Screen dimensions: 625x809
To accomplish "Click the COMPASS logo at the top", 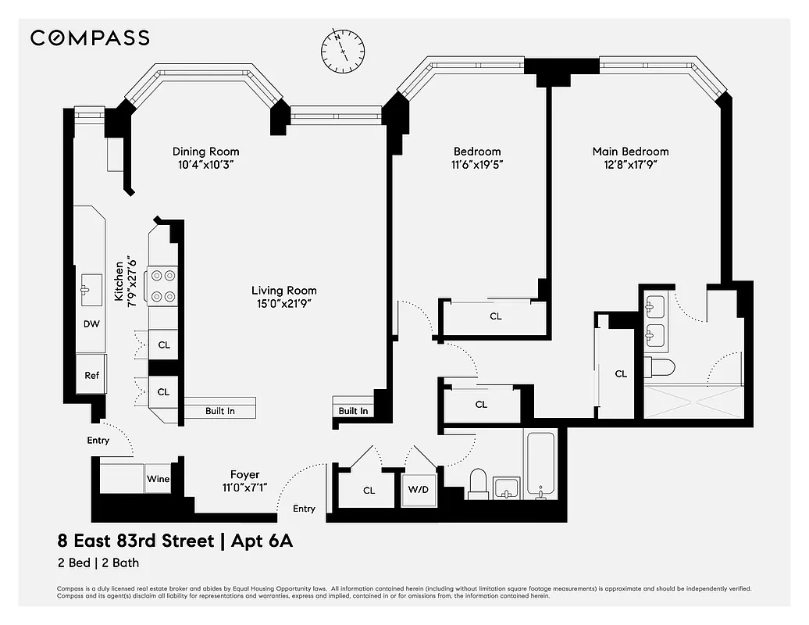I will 90,37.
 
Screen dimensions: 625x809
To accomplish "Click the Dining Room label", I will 205,152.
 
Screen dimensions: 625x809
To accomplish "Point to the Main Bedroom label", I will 630,152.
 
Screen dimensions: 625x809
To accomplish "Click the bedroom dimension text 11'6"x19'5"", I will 477,165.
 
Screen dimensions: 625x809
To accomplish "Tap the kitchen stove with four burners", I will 163,286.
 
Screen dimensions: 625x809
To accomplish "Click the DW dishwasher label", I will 91,323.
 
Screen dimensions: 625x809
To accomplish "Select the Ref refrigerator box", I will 91,375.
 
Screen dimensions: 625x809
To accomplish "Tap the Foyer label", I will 244,474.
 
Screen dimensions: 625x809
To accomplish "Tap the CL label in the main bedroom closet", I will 621,374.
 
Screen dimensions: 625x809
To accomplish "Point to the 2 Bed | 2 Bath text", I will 98,562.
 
